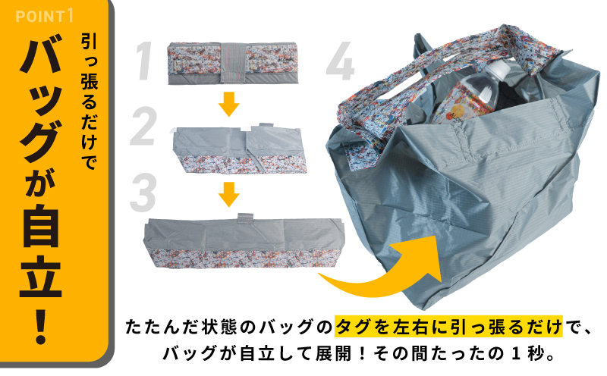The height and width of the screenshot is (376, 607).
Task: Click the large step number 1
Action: click(x=149, y=61)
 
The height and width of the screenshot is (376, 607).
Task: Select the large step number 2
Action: click(x=143, y=127)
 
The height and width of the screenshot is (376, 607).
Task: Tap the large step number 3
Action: click(x=143, y=193)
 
